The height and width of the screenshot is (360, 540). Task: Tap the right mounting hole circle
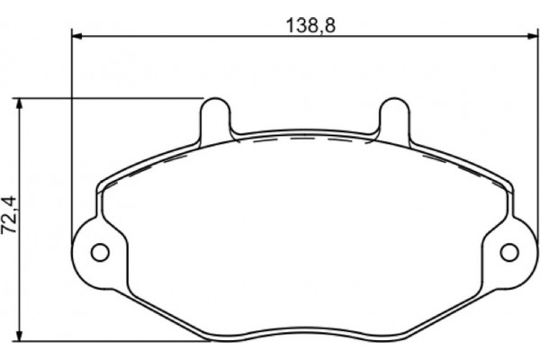[508, 250]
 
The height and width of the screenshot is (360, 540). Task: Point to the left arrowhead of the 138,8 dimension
[76, 37]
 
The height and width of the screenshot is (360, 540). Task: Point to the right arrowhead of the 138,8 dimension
[526, 37]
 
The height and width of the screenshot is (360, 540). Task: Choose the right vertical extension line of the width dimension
[531, 135]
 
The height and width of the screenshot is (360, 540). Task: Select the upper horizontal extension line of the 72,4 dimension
[108, 96]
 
